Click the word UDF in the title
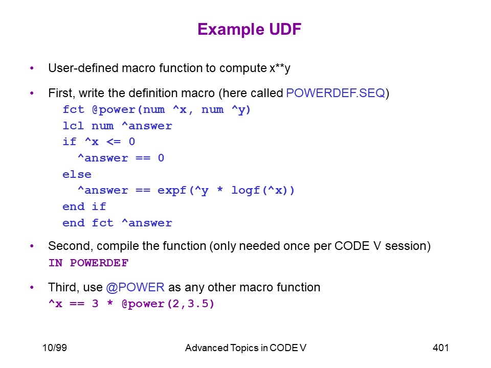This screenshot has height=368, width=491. (285, 29)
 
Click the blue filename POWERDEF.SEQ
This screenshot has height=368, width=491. (336, 93)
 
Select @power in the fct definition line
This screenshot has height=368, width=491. (114, 109)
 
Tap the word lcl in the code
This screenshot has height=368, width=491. (73, 126)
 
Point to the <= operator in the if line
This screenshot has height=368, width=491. (114, 142)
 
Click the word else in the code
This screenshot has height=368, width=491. (77, 174)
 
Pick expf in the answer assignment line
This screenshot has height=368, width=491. (172, 191)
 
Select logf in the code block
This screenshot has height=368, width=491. (246, 190)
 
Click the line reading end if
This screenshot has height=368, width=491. (84, 206)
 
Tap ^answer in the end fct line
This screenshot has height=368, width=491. (147, 223)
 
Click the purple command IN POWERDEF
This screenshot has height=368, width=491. (88, 263)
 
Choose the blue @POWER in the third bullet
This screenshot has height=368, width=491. (135, 287)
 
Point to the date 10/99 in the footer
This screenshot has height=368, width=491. (55, 348)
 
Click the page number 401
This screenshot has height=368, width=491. (440, 348)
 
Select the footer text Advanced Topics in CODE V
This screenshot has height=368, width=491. (245, 348)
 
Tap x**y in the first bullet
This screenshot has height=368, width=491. (280, 68)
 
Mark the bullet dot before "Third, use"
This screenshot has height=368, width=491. (32, 287)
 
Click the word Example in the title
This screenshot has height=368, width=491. (231, 30)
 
